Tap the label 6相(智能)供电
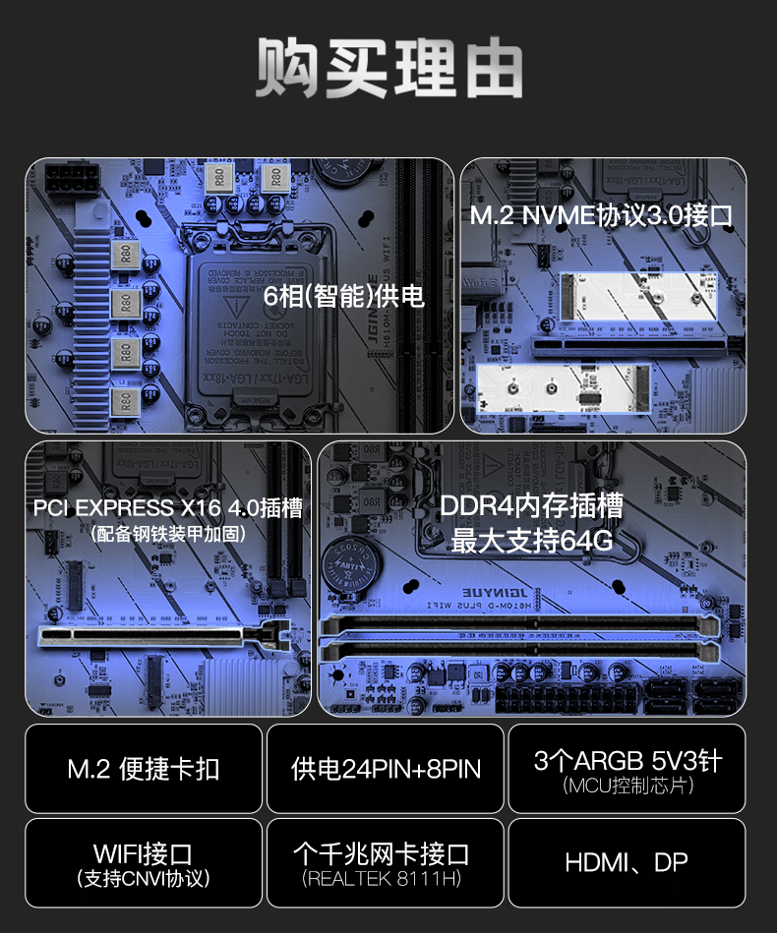(344, 295)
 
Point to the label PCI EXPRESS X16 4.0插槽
(167, 508)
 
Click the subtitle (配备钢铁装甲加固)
(167, 534)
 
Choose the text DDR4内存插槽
(531, 506)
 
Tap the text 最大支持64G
(531, 540)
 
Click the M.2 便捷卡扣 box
(144, 769)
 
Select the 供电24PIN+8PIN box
(386, 769)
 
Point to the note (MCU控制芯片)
(628, 786)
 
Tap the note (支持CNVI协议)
(144, 878)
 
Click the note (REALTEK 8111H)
(386, 878)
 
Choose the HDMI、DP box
(628, 863)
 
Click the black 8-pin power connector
(69, 182)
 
